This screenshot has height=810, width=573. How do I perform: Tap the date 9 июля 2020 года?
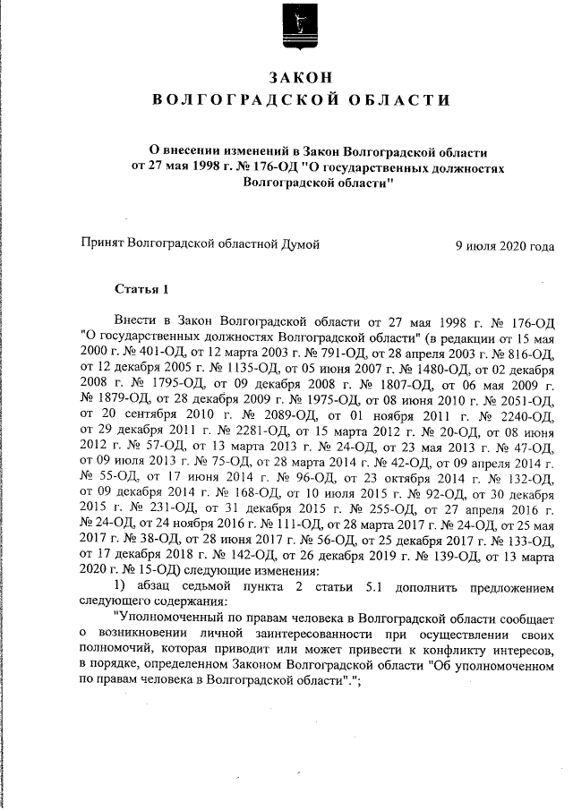(x=504, y=243)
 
